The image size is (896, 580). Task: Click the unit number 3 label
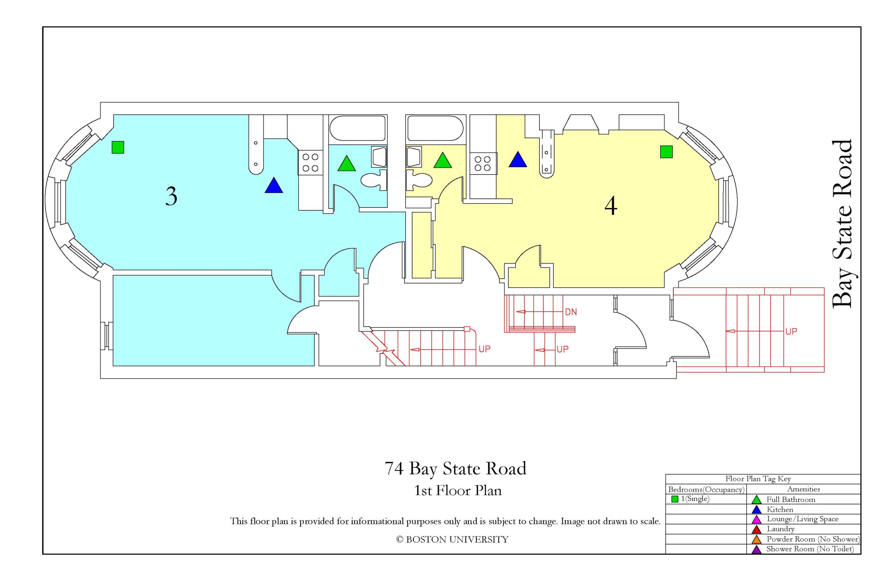[171, 196]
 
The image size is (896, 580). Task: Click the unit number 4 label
[610, 206]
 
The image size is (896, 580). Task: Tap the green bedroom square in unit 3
[118, 147]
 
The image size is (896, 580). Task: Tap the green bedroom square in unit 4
[666, 152]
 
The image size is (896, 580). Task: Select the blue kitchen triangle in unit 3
[274, 186]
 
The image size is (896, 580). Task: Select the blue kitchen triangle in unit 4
[517, 160]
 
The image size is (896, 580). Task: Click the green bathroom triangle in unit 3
[346, 164]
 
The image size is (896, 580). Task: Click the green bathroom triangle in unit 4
[442, 160]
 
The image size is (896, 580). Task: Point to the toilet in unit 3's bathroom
[374, 180]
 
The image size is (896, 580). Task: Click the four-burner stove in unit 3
[310, 162]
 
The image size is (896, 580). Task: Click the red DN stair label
[570, 312]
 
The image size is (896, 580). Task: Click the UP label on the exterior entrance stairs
[791, 331]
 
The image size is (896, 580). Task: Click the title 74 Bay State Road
[455, 469]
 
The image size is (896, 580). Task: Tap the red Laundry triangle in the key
[756, 530]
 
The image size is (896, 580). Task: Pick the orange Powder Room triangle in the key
[756, 539]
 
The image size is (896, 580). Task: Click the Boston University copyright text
[452, 540]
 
